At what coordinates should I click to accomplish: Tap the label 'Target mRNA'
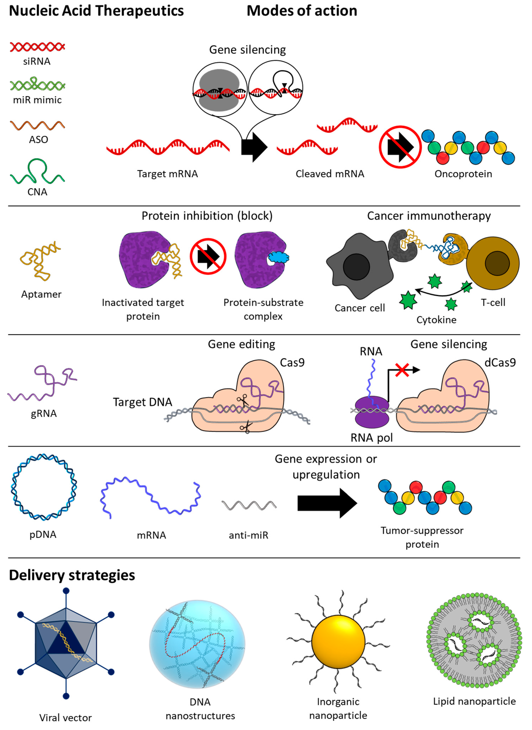tap(167, 174)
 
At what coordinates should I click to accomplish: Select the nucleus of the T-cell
tap(497, 264)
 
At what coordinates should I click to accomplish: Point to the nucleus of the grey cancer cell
tap(356, 267)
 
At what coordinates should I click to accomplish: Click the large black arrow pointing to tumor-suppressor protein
tap(327, 503)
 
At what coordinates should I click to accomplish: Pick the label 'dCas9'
tap(500, 363)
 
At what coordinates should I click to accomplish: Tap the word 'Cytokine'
tap(436, 320)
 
